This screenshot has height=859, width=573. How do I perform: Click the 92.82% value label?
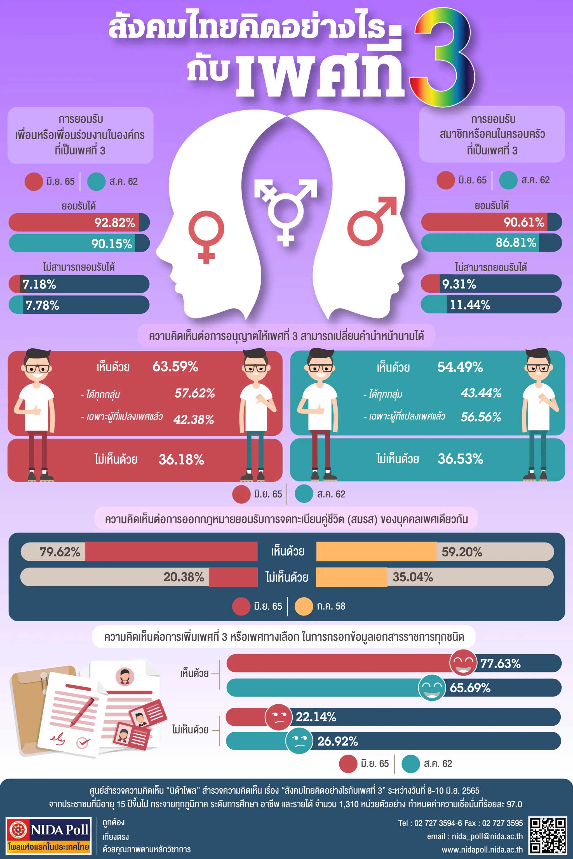pyautogui.click(x=115, y=222)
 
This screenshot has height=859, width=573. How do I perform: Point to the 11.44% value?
pyautogui.click(x=469, y=305)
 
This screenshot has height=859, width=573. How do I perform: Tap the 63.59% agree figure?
pyautogui.click(x=175, y=366)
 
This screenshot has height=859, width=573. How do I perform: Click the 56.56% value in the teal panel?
pyautogui.click(x=481, y=417)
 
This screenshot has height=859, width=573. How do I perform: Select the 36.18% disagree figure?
pyautogui.click(x=181, y=459)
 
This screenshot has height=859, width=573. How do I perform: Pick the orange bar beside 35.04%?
pyautogui.click(x=351, y=577)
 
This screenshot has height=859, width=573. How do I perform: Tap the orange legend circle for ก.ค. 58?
pyautogui.click(x=304, y=606)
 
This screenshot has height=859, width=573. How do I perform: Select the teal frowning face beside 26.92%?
pyautogui.click(x=299, y=741)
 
